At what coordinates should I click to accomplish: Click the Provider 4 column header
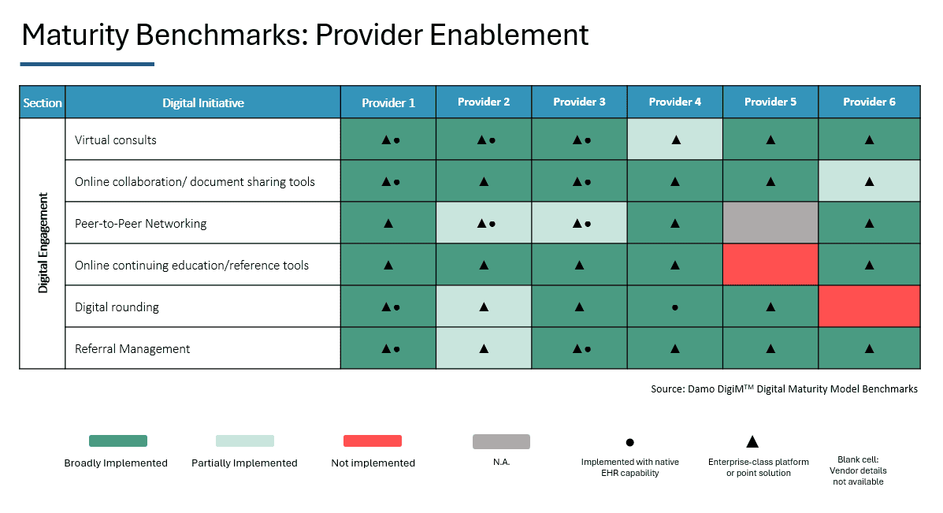pyautogui.click(x=674, y=102)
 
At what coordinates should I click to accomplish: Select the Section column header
pyautogui.click(x=43, y=103)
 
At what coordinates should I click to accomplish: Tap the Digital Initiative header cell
pyautogui.click(x=202, y=103)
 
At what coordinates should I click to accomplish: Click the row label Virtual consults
pyautogui.click(x=116, y=140)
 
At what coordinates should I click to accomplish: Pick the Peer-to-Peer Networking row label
pyautogui.click(x=140, y=224)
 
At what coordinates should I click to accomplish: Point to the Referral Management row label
pyautogui.click(x=132, y=349)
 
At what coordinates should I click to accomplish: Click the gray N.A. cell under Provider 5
pyautogui.click(x=770, y=223)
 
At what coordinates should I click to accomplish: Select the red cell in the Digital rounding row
pyautogui.click(x=869, y=307)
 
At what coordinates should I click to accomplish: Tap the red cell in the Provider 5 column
pyautogui.click(x=770, y=265)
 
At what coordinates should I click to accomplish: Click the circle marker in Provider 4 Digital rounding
pyautogui.click(x=675, y=307)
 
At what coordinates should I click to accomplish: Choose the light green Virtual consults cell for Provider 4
pyautogui.click(x=675, y=139)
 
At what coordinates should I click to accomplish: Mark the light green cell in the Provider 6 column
pyautogui.click(x=869, y=181)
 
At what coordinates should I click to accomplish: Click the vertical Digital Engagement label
pyautogui.click(x=43, y=243)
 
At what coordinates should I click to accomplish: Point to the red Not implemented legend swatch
pyautogui.click(x=373, y=441)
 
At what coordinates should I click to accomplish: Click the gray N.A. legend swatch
pyautogui.click(x=501, y=441)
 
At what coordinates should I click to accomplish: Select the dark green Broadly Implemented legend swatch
pyautogui.click(x=118, y=441)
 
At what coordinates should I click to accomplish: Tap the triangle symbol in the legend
pyautogui.click(x=752, y=442)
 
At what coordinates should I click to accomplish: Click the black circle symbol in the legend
pyautogui.click(x=629, y=444)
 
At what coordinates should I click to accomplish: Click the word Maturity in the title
pyautogui.click(x=76, y=35)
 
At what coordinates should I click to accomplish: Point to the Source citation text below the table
pyautogui.click(x=784, y=389)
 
